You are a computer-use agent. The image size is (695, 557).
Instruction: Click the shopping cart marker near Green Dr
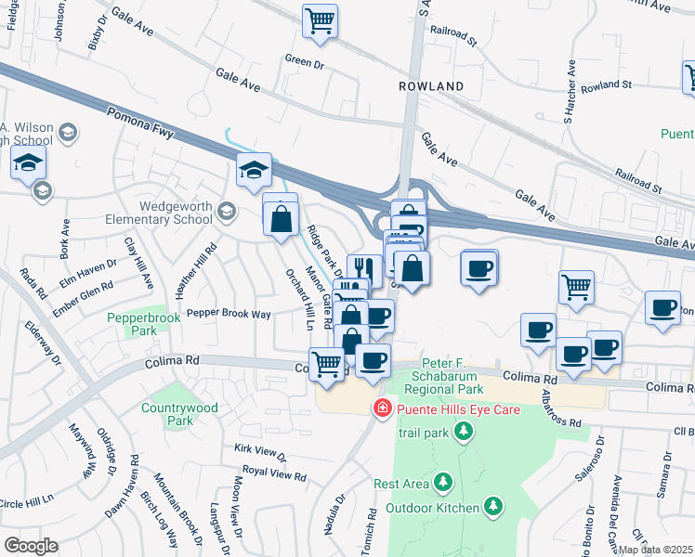coord(320,21)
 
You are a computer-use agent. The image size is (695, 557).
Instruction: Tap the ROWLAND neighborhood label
coord(431,86)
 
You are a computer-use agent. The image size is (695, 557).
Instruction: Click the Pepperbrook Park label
coord(131,323)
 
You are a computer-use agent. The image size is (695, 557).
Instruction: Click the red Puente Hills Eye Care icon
coord(381,408)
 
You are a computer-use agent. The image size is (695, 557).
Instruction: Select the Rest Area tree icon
coord(444,483)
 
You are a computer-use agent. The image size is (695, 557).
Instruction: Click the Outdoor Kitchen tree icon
coord(494,506)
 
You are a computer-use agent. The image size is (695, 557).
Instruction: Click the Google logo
coord(30,546)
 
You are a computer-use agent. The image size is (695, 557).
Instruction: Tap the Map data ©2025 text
coord(655,550)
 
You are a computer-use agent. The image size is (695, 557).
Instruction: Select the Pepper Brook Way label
coord(229,314)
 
